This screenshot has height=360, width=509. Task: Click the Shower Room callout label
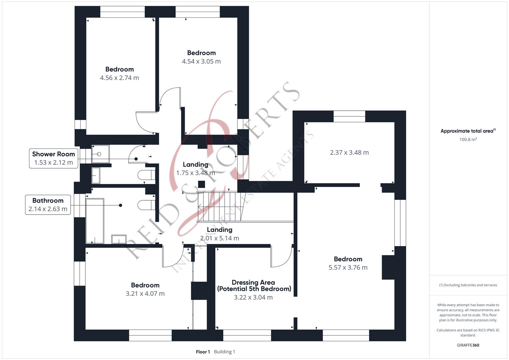[53, 158]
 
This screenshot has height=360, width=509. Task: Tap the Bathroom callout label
[48, 205]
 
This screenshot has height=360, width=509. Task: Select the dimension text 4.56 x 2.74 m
[119, 78]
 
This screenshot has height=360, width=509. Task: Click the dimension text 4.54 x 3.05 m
[201, 61]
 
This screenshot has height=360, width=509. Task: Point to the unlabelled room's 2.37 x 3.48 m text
[349, 153]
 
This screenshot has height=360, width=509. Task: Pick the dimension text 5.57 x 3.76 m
[348, 267]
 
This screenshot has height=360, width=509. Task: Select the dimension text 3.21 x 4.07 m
[145, 294]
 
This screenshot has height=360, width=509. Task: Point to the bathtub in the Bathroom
[95, 221]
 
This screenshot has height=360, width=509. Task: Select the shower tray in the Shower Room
[100, 154]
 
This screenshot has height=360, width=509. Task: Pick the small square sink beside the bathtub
[119, 239]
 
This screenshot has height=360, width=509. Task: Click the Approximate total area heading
[468, 131]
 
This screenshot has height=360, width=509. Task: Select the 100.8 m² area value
[468, 140]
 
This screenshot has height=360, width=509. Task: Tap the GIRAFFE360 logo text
[468, 345]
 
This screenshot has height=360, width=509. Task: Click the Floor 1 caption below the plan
[203, 352]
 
